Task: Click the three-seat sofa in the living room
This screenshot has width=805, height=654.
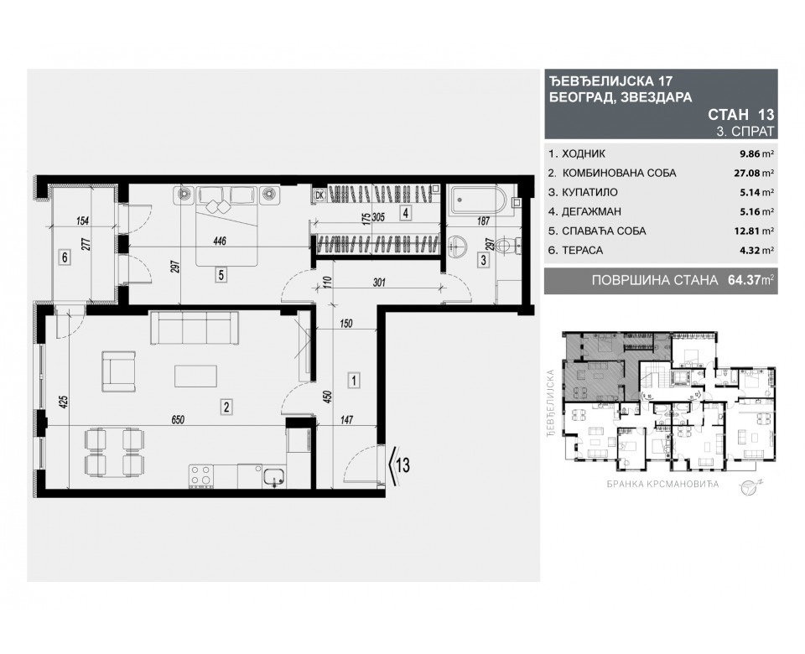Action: (x=194, y=328)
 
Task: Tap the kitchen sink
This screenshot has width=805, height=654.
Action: (x=273, y=477)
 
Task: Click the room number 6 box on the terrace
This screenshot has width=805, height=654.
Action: (x=63, y=257)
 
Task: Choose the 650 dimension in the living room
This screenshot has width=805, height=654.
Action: (x=174, y=418)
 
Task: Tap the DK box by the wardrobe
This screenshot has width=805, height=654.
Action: (x=319, y=195)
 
